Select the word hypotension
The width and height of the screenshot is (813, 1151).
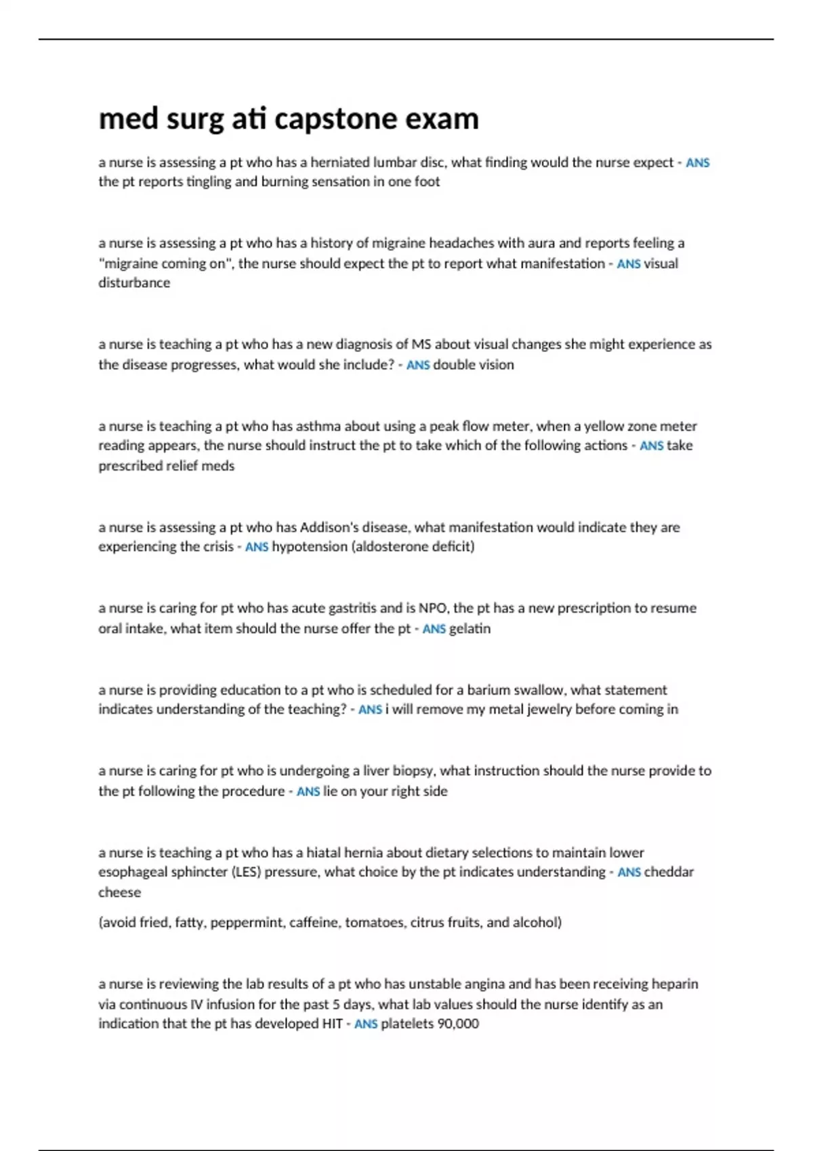(310, 547)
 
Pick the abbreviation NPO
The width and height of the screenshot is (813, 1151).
(433, 608)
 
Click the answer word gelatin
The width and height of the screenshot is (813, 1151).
(470, 629)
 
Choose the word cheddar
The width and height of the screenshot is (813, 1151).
(669, 872)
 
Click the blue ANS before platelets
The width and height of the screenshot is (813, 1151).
(366, 1024)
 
